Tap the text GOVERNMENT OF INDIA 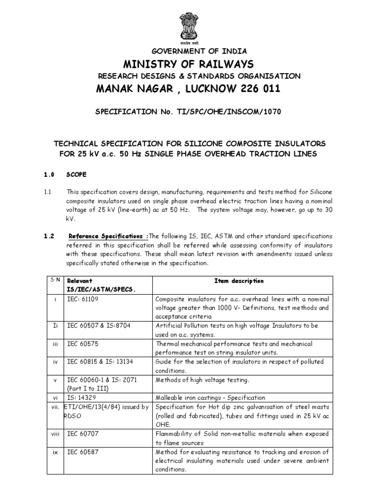[191, 51]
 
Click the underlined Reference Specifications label [108, 236]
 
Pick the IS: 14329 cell [81, 397]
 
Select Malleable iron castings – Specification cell [210, 397]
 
